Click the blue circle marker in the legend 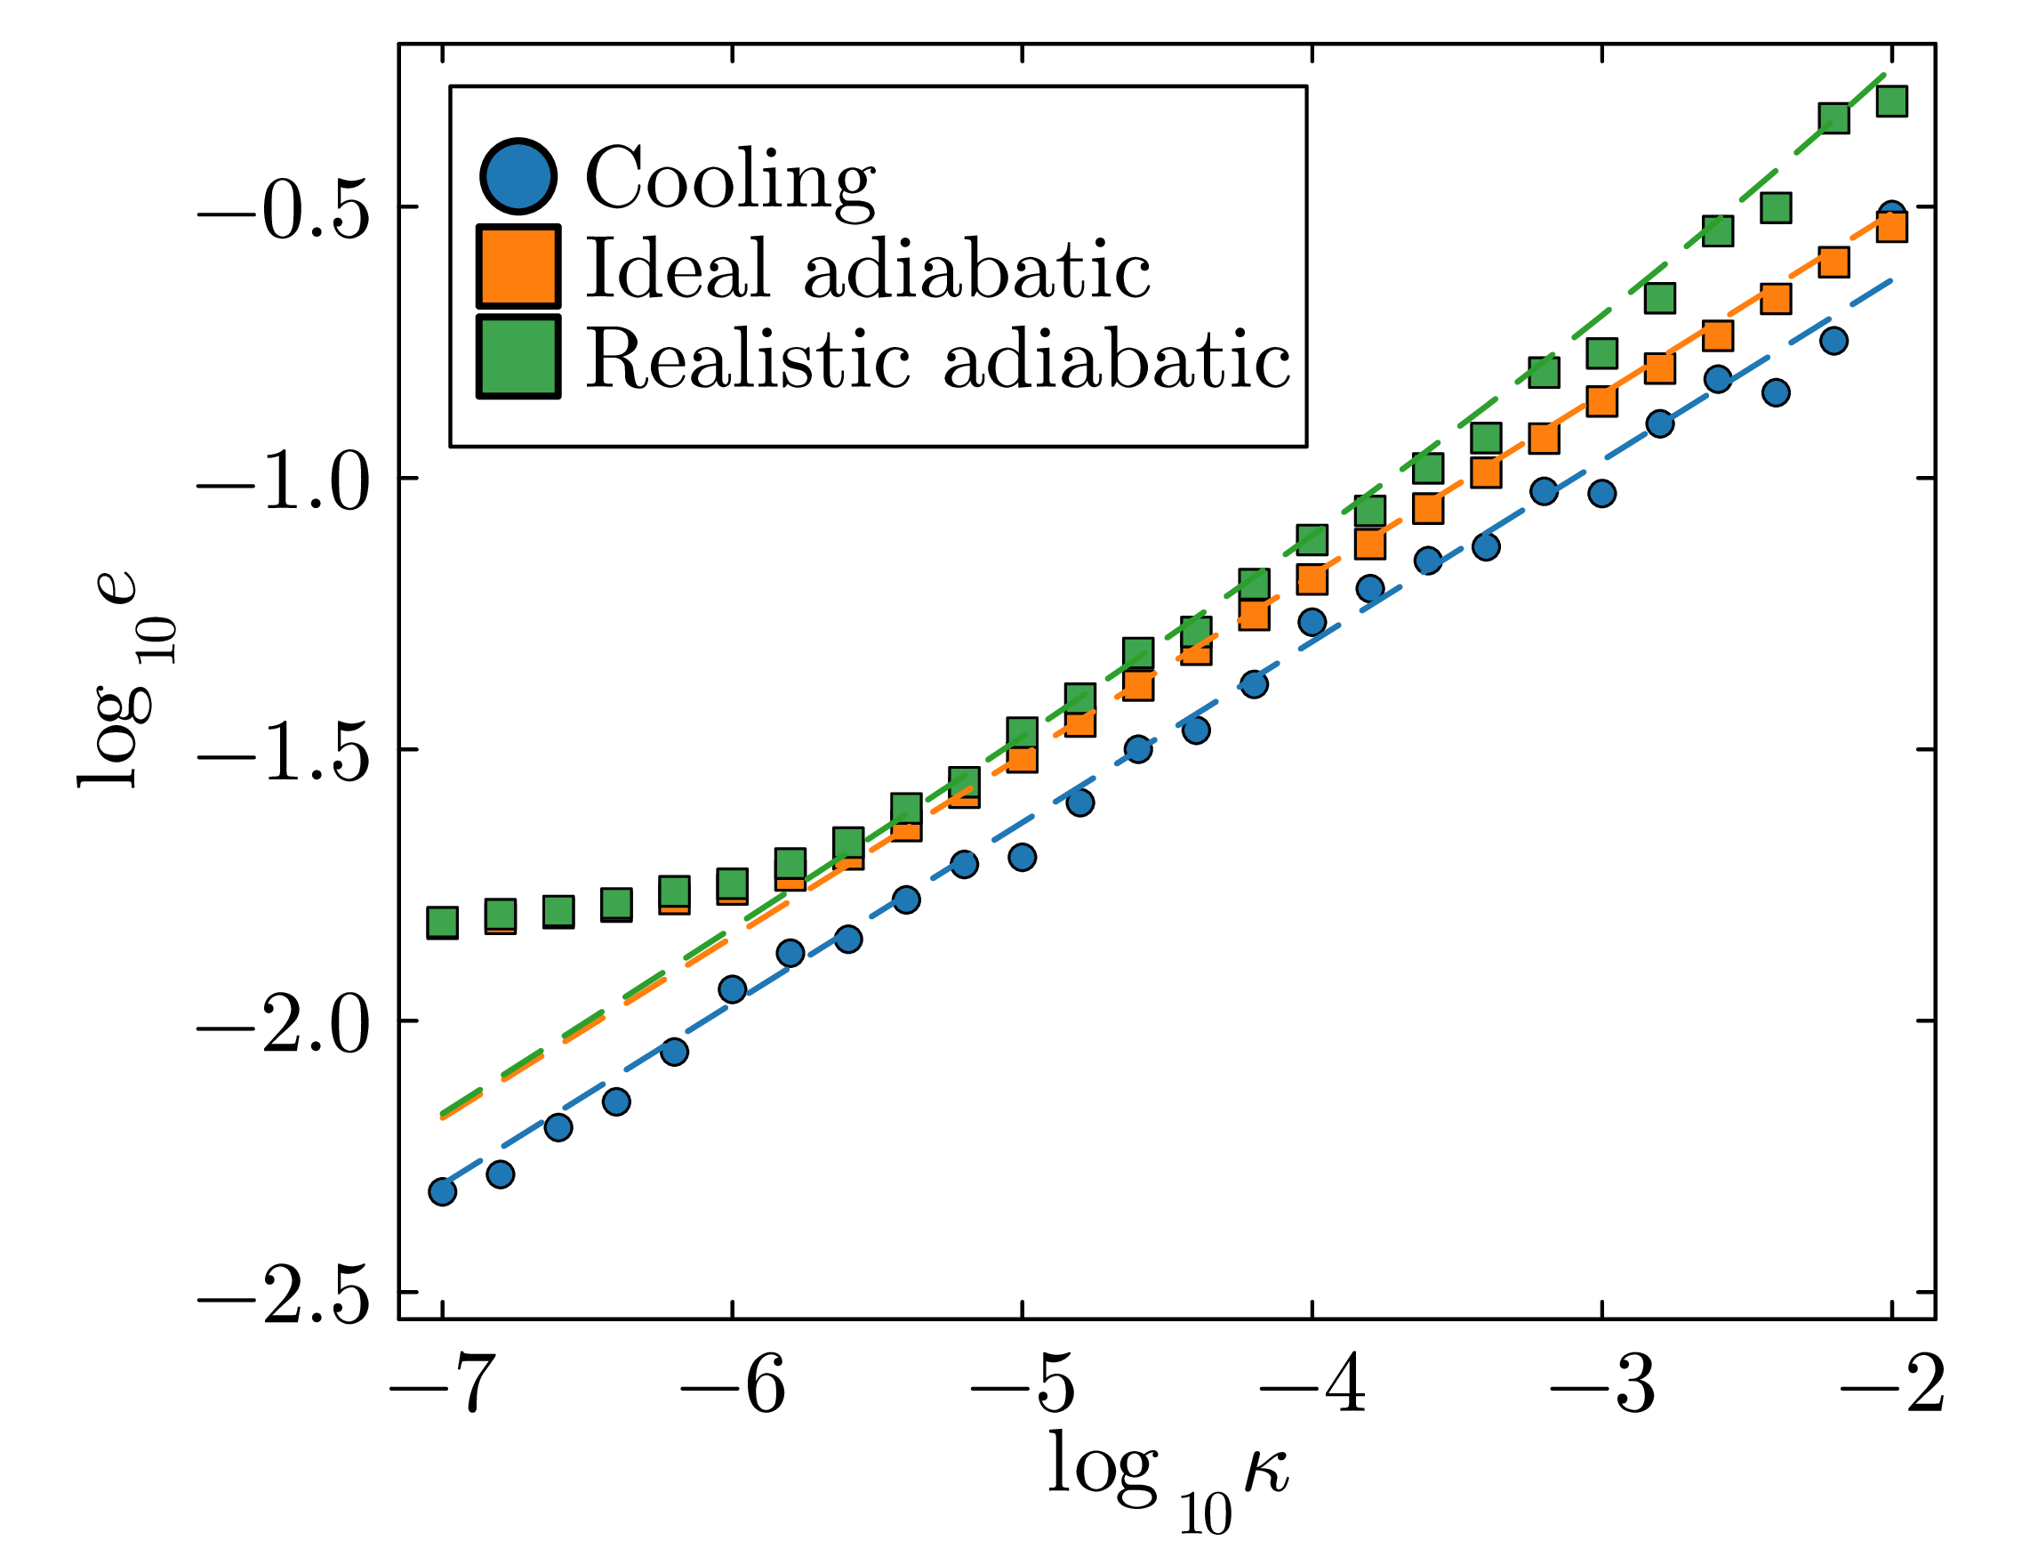pyautogui.click(x=518, y=176)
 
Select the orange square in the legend pyautogui.click(x=518, y=266)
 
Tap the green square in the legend pyautogui.click(x=518, y=357)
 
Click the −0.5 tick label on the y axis pyautogui.click(x=284, y=207)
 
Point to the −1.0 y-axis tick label pyautogui.click(x=284, y=480)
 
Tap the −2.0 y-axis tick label pyautogui.click(x=284, y=1021)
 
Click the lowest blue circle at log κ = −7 pyautogui.click(x=443, y=1192)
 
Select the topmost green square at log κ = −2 pyautogui.click(x=1891, y=100)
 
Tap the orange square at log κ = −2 pyautogui.click(x=1891, y=226)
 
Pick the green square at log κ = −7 pyautogui.click(x=443, y=922)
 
